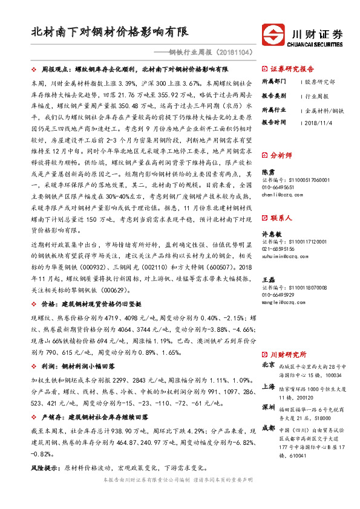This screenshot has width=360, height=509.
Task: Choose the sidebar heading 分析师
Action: pyautogui.click(x=284, y=155)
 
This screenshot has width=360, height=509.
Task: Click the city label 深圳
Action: pyautogui.click(x=269, y=408)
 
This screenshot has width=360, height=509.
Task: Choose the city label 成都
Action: pyautogui.click(x=269, y=429)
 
